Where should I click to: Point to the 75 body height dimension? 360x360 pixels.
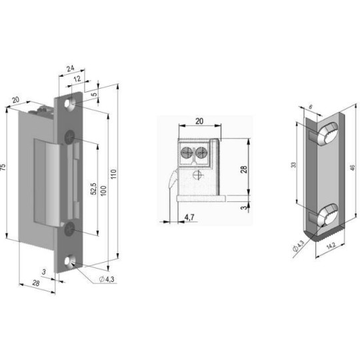pos(4,167)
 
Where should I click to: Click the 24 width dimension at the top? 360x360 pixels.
pos(71,67)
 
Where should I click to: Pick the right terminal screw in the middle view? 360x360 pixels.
pos(201,153)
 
